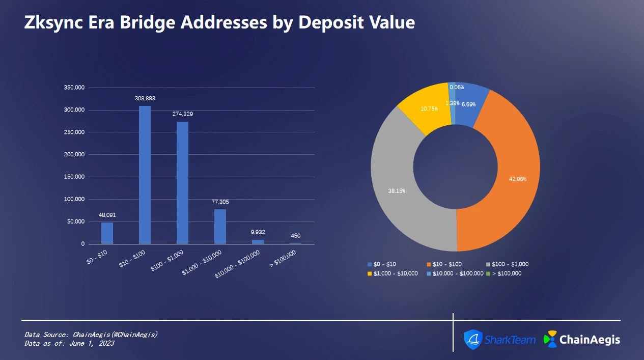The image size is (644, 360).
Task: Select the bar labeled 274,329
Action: [x=182, y=183]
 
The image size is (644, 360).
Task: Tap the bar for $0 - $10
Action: [x=107, y=233]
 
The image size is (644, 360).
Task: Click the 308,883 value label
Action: [x=145, y=98]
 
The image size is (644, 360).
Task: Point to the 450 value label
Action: [x=295, y=236]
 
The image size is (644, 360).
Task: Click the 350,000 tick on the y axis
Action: [x=74, y=88]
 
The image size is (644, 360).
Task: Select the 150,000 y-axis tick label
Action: [x=74, y=177]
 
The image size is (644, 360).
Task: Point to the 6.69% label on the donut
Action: [x=468, y=104]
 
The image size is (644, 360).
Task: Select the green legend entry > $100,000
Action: [x=503, y=273]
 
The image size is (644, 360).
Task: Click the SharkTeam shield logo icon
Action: [x=472, y=339]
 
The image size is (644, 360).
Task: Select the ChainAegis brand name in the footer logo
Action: [x=590, y=339]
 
